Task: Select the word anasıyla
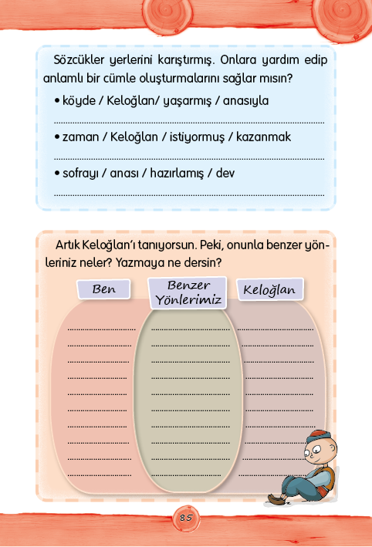[245, 101]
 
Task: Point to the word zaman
[80, 137]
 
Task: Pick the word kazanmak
[263, 137]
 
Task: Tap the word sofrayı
[80, 174]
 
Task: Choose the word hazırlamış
[177, 174]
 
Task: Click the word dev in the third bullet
[225, 173]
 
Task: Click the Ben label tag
[103, 289]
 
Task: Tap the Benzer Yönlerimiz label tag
[188, 293]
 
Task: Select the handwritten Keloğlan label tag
[270, 289]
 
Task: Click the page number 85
[186, 518]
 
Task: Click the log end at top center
[167, 15]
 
